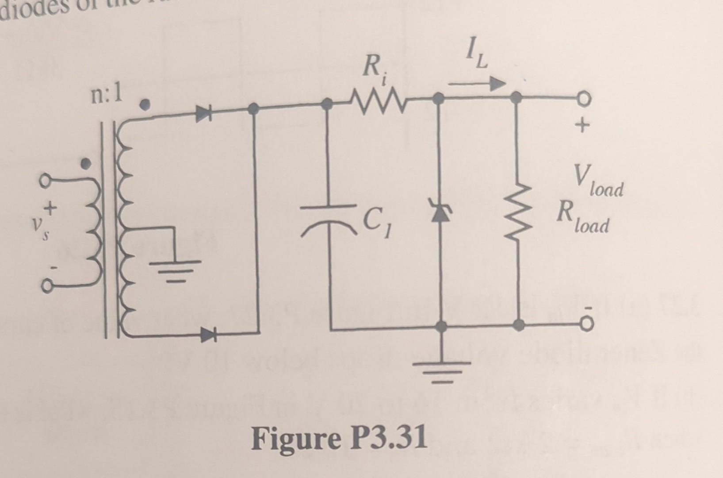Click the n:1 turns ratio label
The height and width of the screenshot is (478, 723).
click(107, 95)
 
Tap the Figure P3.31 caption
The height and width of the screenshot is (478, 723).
click(340, 438)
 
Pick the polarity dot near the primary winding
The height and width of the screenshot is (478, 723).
click(87, 163)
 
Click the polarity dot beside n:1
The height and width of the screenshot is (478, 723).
click(144, 104)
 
